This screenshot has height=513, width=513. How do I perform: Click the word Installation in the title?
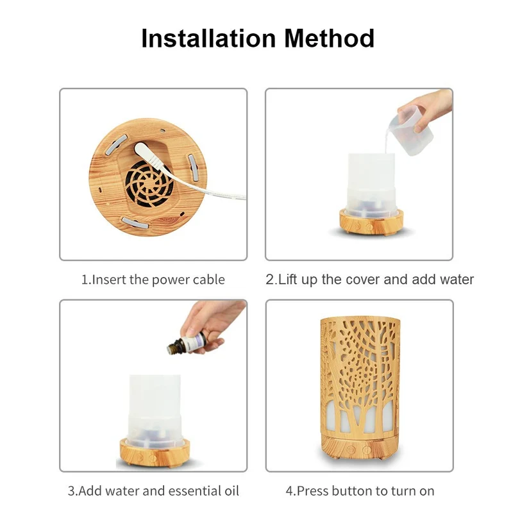(x=208, y=38)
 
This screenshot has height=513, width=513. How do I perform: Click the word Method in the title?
(x=329, y=38)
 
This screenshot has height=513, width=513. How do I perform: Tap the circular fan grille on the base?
(x=149, y=184)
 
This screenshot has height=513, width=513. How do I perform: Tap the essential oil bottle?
(x=186, y=344)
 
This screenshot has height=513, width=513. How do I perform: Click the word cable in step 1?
(x=209, y=280)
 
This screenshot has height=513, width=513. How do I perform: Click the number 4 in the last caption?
(x=289, y=491)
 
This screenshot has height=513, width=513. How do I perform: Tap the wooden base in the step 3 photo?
(x=155, y=453)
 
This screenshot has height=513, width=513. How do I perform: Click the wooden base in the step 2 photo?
(x=371, y=223)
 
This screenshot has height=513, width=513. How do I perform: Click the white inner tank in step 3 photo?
(x=155, y=411)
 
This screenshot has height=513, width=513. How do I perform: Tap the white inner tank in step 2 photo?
(x=371, y=185)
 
